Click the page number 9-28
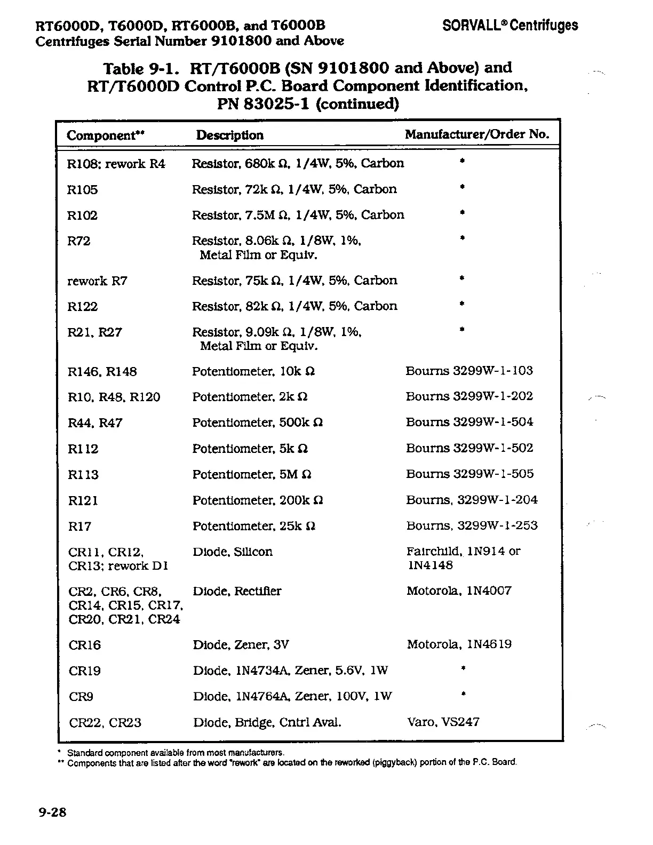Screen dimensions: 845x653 click(52, 812)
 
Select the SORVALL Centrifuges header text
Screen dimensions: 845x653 click(510, 25)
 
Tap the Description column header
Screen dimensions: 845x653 click(229, 135)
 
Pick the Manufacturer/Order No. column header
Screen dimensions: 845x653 click(477, 134)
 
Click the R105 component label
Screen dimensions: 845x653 click(83, 190)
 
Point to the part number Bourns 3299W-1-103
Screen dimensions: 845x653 click(469, 371)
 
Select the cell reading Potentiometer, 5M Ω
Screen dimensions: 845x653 click(252, 475)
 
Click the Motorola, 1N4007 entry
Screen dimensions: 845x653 click(459, 591)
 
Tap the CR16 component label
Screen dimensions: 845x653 click(85, 645)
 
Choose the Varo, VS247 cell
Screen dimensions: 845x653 click(443, 722)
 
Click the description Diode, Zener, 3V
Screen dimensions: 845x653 click(241, 645)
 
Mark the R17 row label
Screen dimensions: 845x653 click(80, 527)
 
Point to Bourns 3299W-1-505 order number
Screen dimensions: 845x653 click(469, 474)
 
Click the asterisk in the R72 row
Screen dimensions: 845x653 click(463, 238)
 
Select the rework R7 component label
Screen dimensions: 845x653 click(97, 281)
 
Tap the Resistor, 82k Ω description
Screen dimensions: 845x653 click(294, 306)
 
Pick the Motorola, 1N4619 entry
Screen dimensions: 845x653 click(459, 644)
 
